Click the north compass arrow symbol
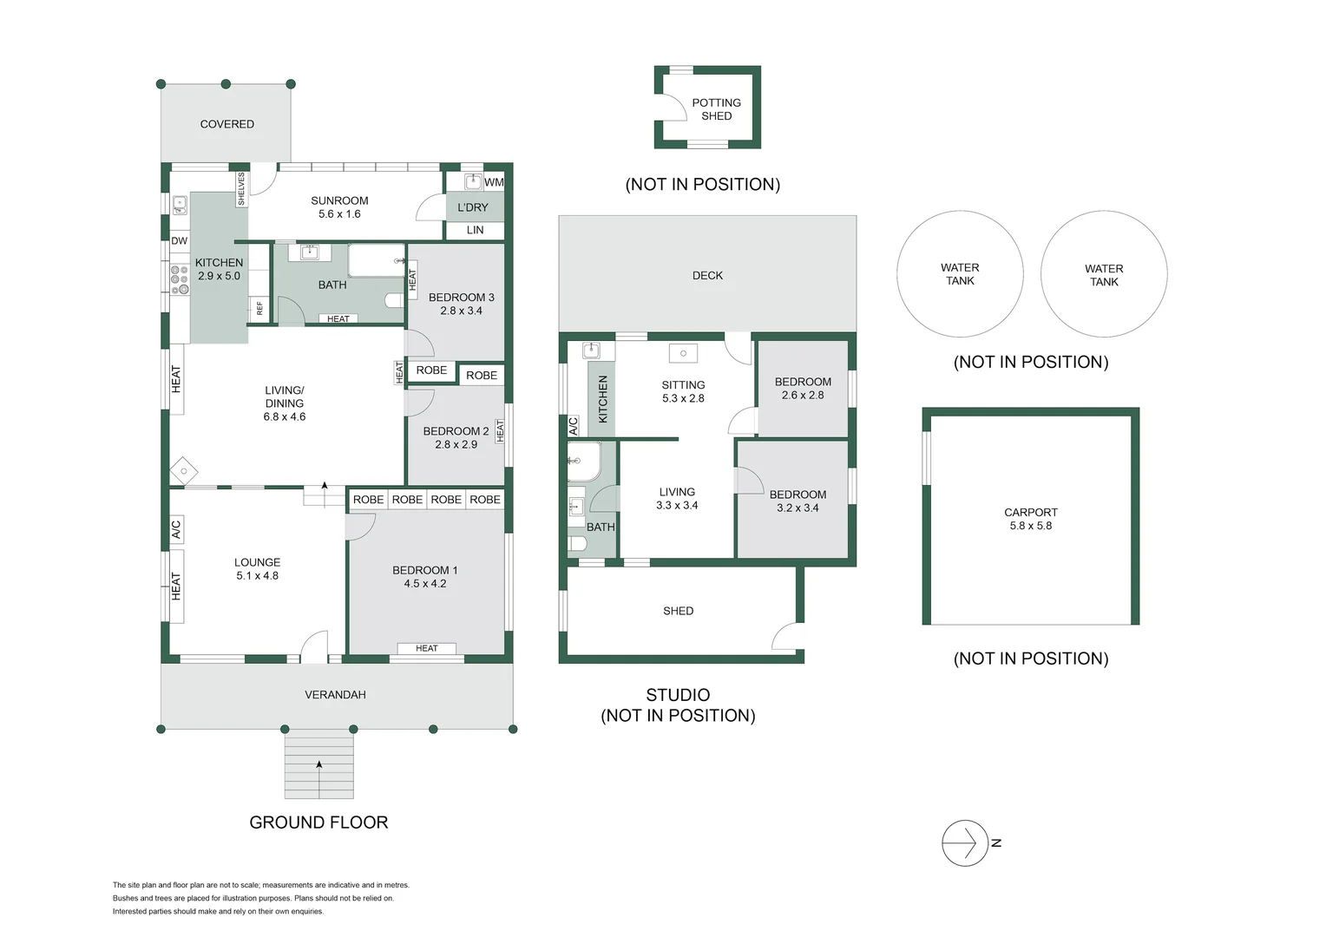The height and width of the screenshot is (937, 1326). pos(965,842)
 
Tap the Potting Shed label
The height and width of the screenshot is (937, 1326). pos(716,109)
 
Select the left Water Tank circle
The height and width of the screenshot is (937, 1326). pos(960,274)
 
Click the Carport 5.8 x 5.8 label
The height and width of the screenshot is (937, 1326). pos(1030,519)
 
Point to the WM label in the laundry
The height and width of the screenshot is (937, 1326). pos(494,182)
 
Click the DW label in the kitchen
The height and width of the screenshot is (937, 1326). pos(179,241)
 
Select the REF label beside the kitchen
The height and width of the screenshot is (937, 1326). pos(259,308)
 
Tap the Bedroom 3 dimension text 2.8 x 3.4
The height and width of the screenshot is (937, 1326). pos(461,311)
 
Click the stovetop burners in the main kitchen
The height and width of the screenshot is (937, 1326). pos(180,280)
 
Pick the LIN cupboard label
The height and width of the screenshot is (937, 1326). pos(475,230)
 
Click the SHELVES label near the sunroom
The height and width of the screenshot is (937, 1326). pos(241,189)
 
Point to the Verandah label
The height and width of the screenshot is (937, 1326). pos(335,695)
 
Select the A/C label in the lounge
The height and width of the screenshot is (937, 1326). pos(176,529)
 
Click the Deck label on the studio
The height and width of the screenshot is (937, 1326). pos(707,276)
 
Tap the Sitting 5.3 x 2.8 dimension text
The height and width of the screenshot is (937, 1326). pos(683,398)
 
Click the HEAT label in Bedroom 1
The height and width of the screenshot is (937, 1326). pos(426,648)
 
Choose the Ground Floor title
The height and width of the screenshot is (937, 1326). pos(318,822)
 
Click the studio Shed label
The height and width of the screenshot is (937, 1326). pos(678,611)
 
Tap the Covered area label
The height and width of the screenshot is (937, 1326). pos(226,124)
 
